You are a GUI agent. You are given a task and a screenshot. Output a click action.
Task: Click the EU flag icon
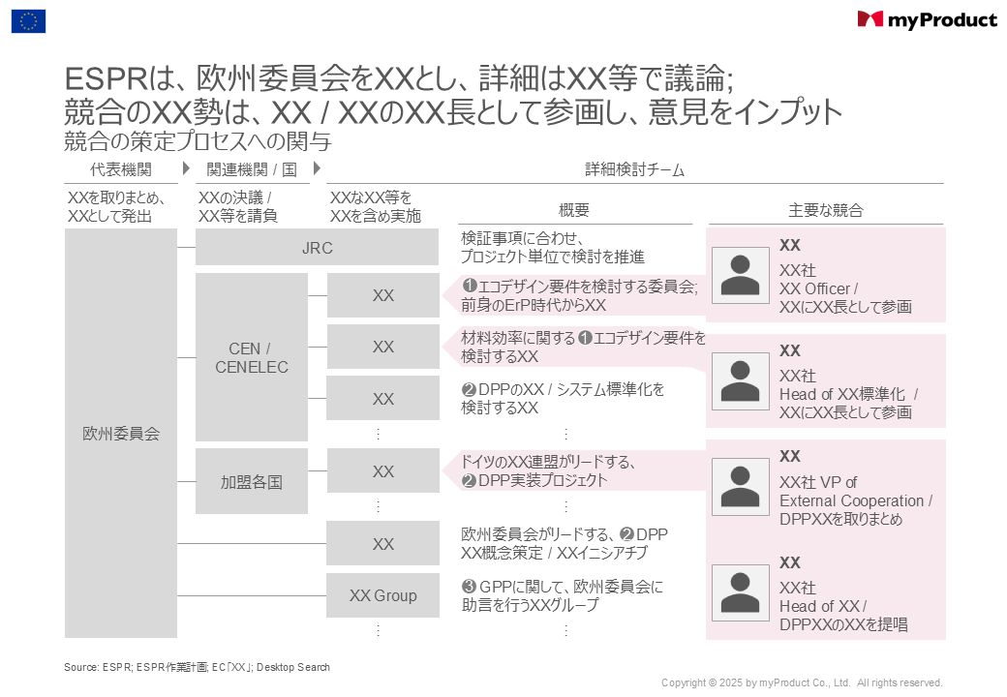28,21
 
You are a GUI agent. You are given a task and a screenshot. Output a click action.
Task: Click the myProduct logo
927,20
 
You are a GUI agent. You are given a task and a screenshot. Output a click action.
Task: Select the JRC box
318,247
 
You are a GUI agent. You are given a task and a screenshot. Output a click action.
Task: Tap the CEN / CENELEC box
252,357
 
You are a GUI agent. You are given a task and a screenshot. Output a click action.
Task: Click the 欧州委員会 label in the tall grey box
121,434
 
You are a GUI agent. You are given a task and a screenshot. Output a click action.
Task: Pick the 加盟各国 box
252,481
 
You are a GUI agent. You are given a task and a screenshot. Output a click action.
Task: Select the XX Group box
382,595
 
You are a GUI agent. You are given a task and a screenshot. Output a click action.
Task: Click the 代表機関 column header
121,169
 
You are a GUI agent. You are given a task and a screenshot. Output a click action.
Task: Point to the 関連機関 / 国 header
252,169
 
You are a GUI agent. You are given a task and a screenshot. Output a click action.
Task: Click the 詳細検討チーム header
634,169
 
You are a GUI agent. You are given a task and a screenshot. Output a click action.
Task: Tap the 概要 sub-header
574,210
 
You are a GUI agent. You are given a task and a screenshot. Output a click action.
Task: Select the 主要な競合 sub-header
826,210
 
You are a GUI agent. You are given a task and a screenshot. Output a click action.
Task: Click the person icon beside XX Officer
741,275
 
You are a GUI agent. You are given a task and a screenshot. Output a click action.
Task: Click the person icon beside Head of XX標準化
741,381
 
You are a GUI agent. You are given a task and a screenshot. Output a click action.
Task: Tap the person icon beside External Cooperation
741,487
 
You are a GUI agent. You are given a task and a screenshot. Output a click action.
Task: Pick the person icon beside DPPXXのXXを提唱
741,593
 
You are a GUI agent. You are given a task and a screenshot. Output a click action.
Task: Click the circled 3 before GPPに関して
469,586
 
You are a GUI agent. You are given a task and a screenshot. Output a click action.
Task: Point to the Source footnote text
198,668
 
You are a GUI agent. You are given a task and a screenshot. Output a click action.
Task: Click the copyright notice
802,682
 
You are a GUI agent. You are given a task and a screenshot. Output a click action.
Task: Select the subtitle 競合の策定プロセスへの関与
198,140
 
